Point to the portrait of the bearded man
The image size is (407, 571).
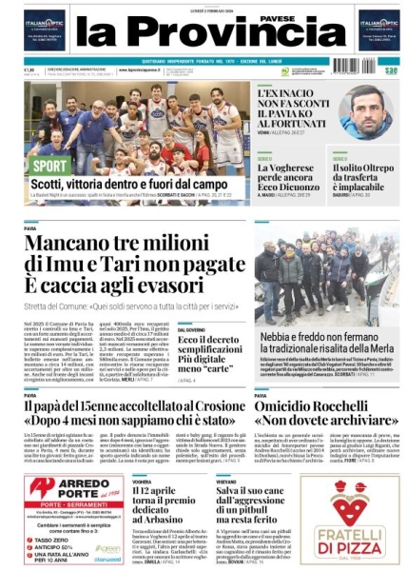369,111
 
